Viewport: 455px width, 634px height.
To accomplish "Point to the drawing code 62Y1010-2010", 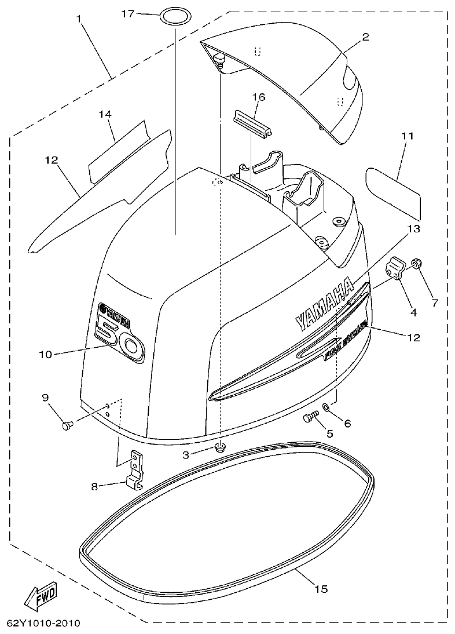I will click(43, 624).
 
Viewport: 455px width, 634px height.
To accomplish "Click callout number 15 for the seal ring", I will click(321, 589).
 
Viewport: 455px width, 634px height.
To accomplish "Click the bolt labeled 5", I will click(311, 416).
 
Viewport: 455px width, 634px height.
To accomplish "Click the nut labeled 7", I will click(416, 265).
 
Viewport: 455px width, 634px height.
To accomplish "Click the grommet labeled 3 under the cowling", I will click(220, 447).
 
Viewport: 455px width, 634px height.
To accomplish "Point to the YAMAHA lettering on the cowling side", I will click(324, 304).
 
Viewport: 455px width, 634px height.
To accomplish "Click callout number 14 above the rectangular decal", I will click(104, 115).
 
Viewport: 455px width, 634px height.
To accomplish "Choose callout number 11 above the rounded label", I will click(407, 137).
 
